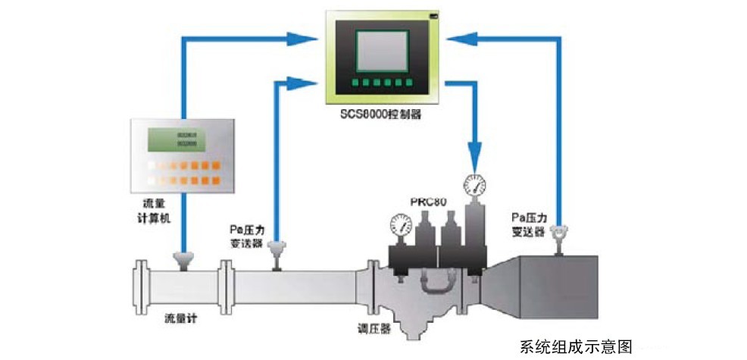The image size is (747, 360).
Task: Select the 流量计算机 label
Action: [x=154, y=211]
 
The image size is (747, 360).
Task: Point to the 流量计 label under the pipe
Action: [x=181, y=319]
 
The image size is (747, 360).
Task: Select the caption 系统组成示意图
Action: [x=576, y=346]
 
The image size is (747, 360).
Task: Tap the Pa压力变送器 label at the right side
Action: [x=528, y=224]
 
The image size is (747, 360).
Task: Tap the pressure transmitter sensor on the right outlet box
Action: [x=561, y=236]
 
